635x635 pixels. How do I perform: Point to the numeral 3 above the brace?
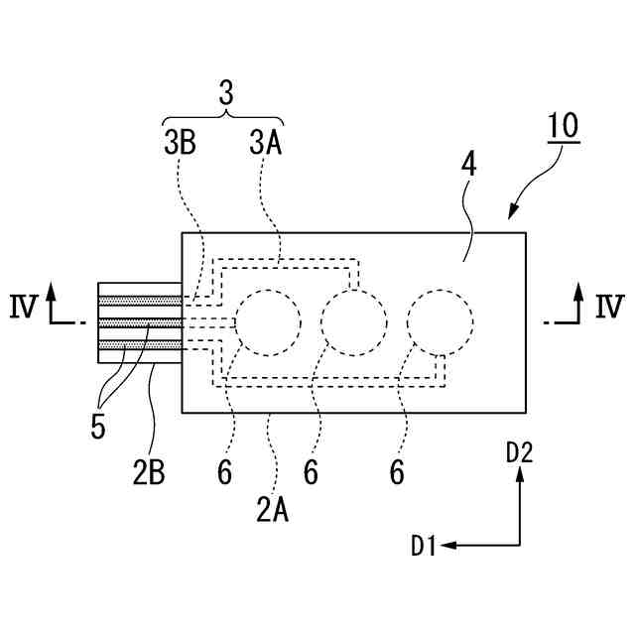(x=225, y=94)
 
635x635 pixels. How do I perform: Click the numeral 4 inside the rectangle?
(x=467, y=164)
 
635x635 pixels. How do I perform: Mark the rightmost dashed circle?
(x=441, y=322)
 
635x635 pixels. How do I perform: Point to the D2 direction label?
(x=519, y=453)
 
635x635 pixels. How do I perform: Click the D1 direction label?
(x=426, y=545)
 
